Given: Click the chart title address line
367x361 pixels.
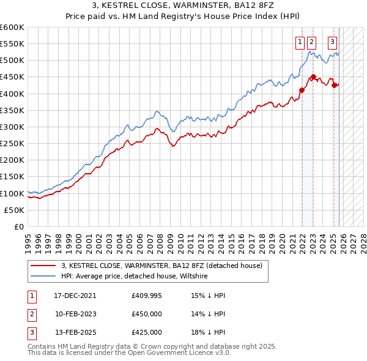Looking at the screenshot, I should [183, 6].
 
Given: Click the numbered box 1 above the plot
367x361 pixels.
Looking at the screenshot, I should [300, 42].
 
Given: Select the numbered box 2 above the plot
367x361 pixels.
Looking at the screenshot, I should [312, 42].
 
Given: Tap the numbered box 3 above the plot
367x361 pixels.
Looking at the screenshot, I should [332, 42].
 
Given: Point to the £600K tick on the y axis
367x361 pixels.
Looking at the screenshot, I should [12, 28].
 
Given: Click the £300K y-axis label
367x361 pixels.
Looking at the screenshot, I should [12, 127].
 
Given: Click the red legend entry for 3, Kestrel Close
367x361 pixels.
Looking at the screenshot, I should [161, 266].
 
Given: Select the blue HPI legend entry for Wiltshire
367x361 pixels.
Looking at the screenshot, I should [135, 277].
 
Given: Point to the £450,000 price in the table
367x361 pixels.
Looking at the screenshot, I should [147, 314].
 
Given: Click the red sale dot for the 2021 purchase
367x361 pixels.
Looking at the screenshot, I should [302, 91].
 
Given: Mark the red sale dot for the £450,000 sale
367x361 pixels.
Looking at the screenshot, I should [313, 77].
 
